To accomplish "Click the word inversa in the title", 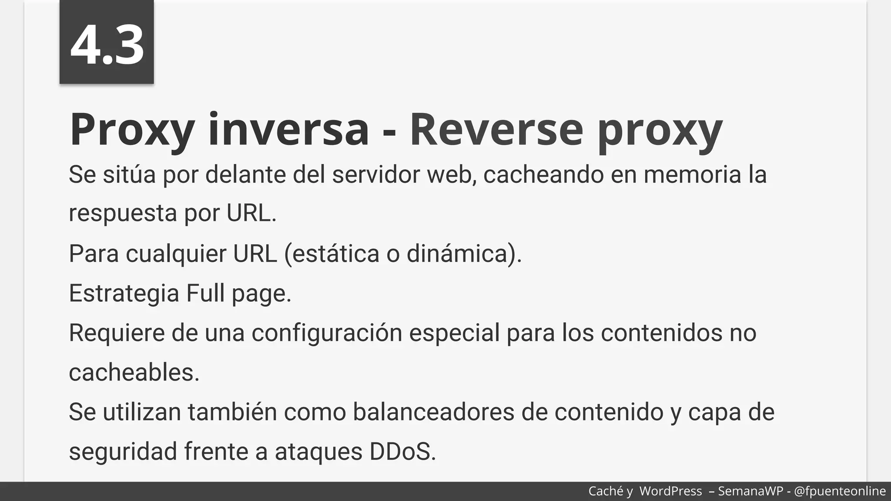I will (288, 129).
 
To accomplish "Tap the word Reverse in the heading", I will (496, 129).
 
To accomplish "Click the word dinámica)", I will (464, 254).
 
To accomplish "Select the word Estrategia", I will (124, 294).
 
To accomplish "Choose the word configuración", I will (327, 333).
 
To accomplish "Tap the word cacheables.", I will (134, 373).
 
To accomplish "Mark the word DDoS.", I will (402, 451).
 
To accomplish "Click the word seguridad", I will (123, 452).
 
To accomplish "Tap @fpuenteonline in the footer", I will (840, 491).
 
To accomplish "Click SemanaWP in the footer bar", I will (751, 491).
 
